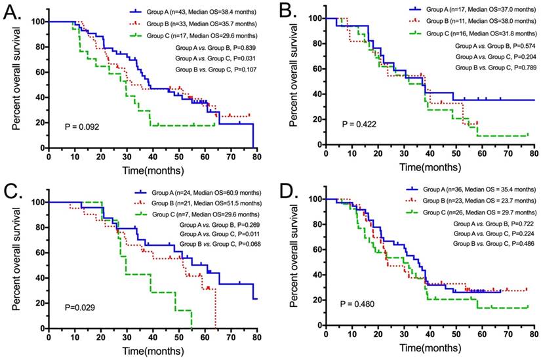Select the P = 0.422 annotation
357,123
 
